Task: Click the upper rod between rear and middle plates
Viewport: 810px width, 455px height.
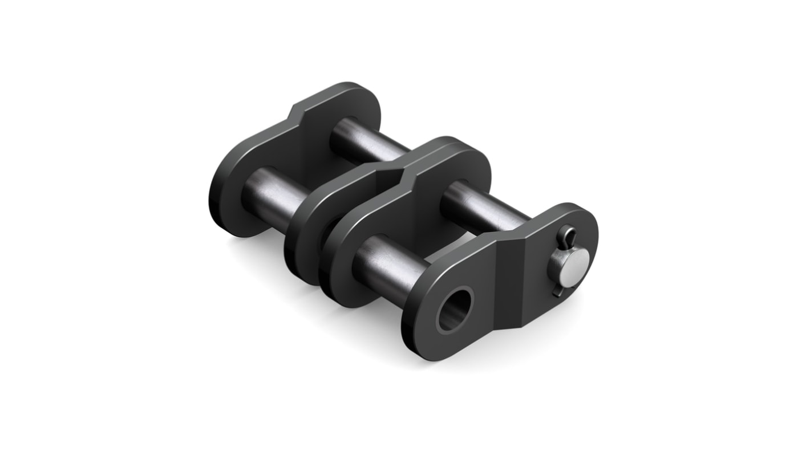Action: [x=365, y=140]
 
